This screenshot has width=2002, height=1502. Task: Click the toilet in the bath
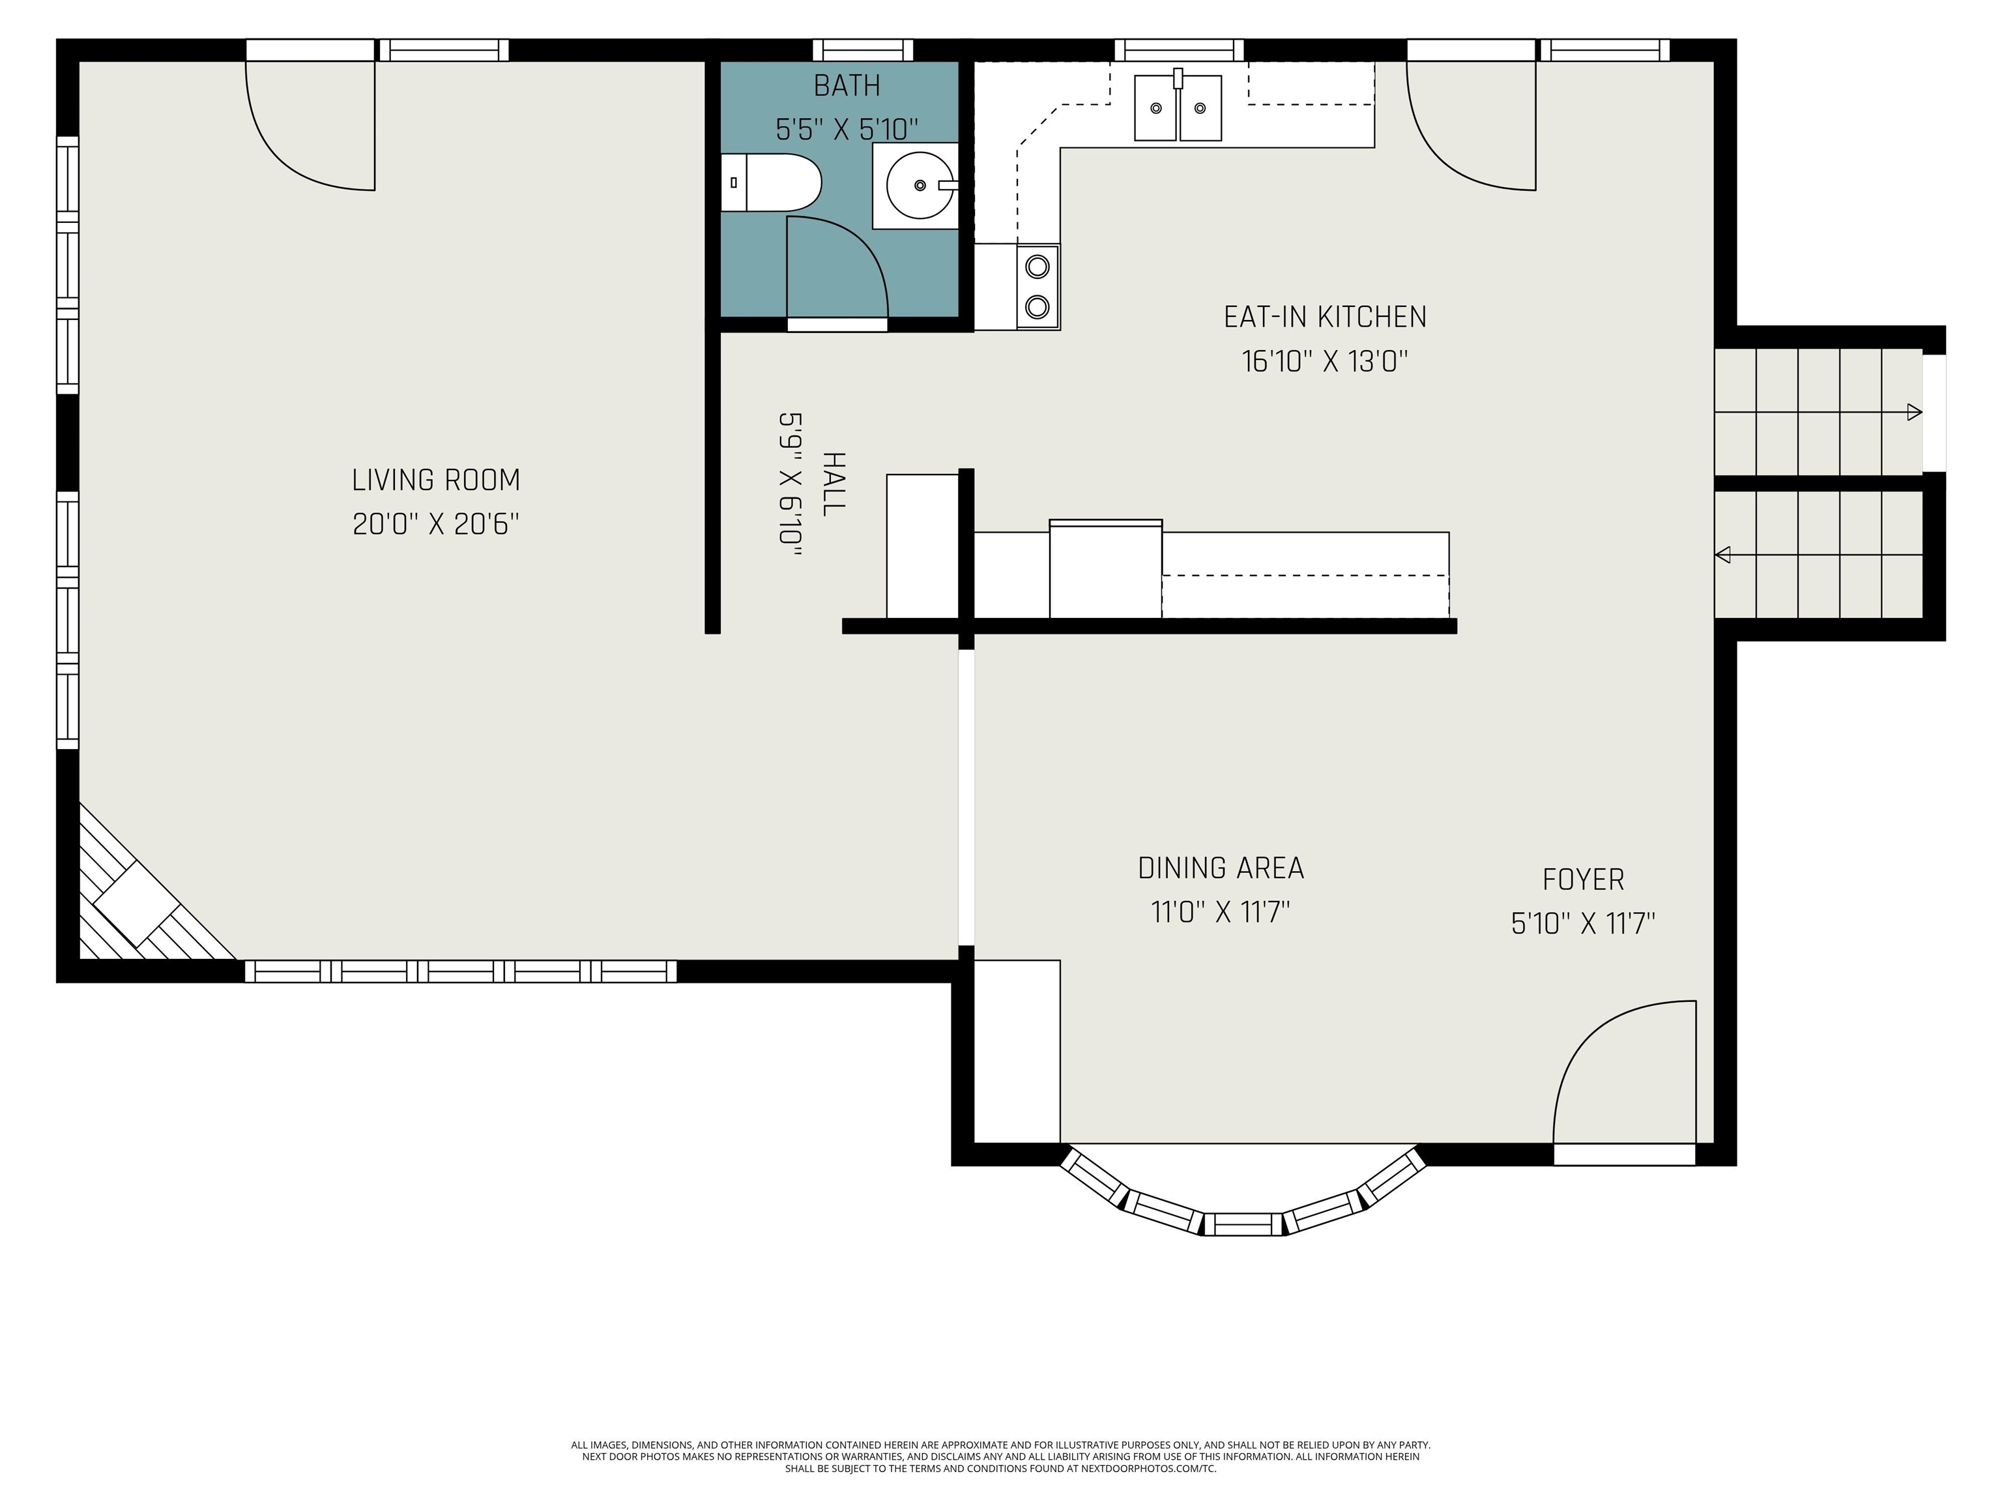click(770, 183)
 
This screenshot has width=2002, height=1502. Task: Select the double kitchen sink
click(1178, 108)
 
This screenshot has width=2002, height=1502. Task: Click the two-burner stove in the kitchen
click(1037, 287)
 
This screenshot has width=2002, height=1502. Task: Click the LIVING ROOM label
click(436, 480)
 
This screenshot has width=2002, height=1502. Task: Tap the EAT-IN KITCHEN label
click(1325, 317)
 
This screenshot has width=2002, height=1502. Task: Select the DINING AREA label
click(1221, 868)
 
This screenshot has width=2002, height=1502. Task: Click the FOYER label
click(1583, 879)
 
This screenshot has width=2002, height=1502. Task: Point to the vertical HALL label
click(834, 484)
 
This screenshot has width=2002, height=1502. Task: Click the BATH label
click(847, 85)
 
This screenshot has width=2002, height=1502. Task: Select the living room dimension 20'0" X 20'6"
click(436, 524)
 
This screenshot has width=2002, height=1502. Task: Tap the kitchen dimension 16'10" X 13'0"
click(1325, 361)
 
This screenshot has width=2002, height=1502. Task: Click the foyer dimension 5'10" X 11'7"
click(1583, 924)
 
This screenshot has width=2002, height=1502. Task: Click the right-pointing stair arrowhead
click(1914, 412)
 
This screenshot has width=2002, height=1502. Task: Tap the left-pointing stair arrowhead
click(1723, 554)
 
